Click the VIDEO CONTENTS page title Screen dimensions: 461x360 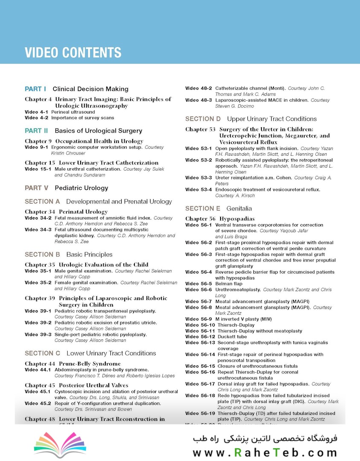point(73,53)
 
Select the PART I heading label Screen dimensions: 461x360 point(35,89)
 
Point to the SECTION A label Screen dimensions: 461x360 point(42,201)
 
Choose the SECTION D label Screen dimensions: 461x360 point(203,119)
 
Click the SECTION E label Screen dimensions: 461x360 point(203,209)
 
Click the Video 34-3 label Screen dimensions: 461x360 point(38,230)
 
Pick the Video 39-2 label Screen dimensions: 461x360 point(38,323)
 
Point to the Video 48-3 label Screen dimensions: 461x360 point(198,100)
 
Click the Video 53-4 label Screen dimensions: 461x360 point(198,190)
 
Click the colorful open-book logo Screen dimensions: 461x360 point(54,445)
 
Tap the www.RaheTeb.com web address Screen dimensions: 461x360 point(264,453)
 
